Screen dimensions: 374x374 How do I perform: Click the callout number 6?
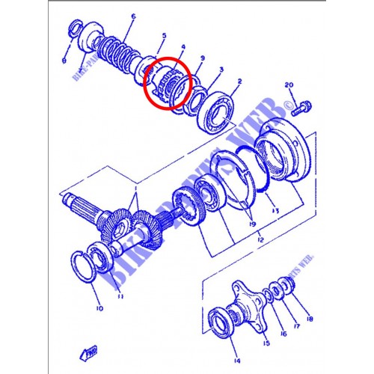coord(132,16)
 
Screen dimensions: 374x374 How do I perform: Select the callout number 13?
coord(275,212)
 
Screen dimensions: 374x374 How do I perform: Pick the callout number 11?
coord(120,296)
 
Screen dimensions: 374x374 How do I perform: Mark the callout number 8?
coord(65,61)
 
